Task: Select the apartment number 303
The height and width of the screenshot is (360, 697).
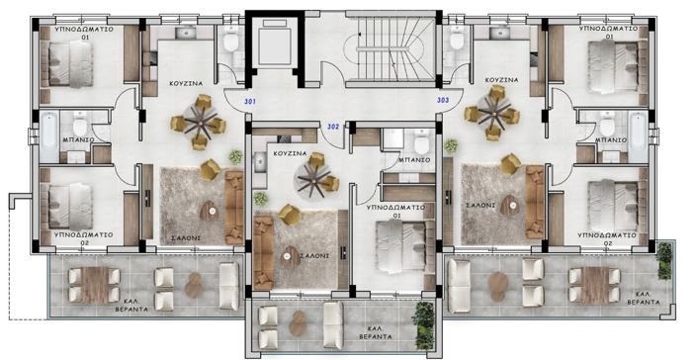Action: (441, 100)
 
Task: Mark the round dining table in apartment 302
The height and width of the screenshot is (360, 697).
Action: (315, 179)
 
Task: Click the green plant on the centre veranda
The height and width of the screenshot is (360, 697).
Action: (424, 321)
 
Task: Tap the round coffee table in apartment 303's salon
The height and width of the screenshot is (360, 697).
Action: (509, 206)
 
